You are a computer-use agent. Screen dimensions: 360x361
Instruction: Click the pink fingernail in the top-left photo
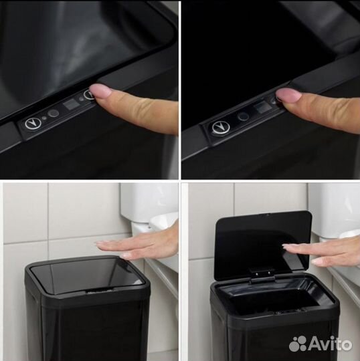[x=101, y=91]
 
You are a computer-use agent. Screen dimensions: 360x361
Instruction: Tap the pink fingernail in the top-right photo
[x=287, y=95]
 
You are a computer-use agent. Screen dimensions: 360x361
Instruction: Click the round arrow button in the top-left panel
[x=33, y=124]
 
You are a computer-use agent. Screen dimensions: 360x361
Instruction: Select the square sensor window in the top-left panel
[x=71, y=104]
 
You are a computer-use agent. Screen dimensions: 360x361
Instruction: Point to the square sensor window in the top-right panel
[x=263, y=108]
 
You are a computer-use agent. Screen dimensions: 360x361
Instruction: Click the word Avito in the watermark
[x=330, y=344]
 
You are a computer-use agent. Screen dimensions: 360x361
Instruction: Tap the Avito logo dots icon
[x=298, y=344]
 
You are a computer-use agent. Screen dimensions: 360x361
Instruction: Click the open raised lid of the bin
[x=263, y=244]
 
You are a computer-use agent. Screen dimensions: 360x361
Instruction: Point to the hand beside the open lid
[x=323, y=251]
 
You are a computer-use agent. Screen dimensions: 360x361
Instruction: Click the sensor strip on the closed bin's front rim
[x=99, y=291]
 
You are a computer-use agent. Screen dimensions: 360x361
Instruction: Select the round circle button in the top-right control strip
[x=244, y=116]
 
